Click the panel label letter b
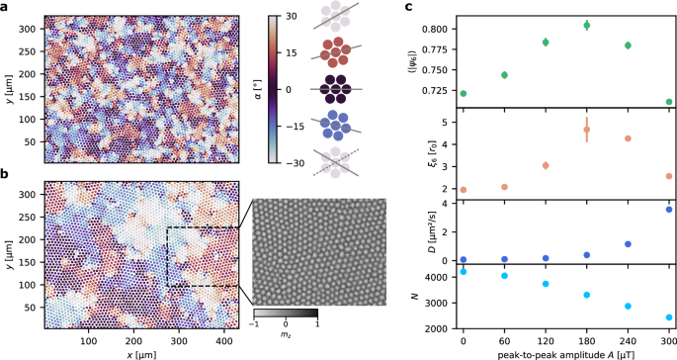tap(5, 175)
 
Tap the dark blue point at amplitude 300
tap(669, 210)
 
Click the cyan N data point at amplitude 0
tap(463, 272)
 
